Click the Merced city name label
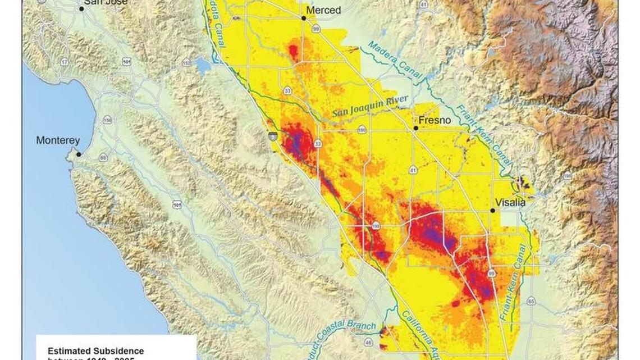[324, 11]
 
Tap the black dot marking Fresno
[416, 128]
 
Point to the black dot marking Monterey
[79, 154]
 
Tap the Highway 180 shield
[362, 130]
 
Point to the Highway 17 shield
[65, 61]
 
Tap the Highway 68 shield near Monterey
[103, 158]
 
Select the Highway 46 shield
[368, 341]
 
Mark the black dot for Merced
[304, 18]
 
